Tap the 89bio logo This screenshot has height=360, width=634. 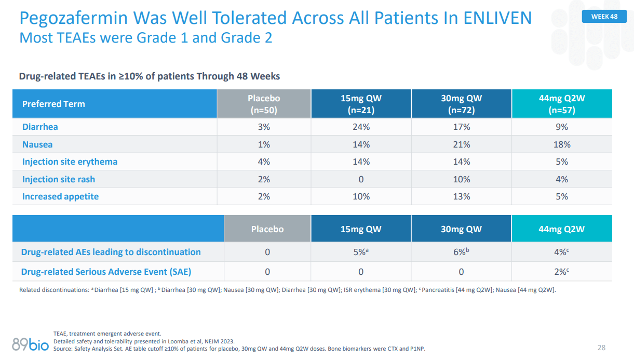(30, 343)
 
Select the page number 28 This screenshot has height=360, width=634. (601, 348)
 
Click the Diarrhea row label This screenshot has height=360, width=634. (40, 127)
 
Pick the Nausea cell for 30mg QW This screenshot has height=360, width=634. (461, 144)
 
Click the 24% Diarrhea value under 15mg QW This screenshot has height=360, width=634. (361, 127)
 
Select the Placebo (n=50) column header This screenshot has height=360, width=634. (263, 104)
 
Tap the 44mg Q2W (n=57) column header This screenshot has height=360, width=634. (561, 104)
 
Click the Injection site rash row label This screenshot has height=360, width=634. (58, 179)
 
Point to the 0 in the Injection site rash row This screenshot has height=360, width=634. (361, 179)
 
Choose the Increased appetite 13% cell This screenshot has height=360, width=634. (461, 196)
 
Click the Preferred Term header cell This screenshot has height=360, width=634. (53, 104)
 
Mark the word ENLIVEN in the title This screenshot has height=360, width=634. (495, 18)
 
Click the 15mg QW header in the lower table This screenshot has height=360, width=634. (361, 229)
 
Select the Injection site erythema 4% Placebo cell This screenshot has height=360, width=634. (263, 162)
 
